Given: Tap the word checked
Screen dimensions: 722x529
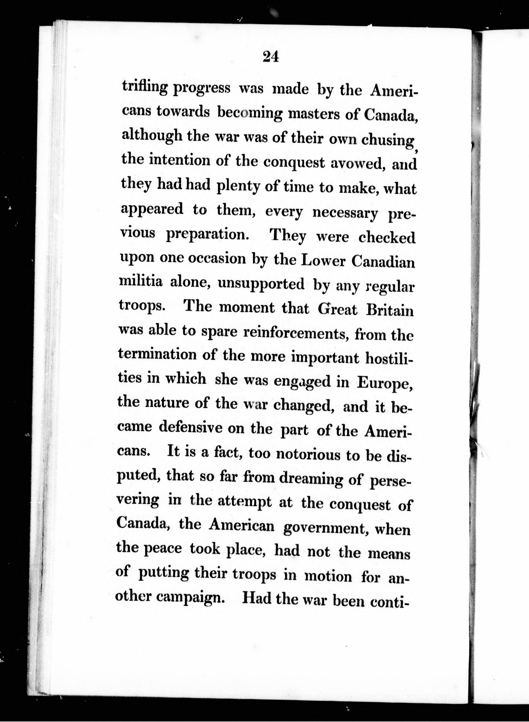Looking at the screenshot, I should [387, 238].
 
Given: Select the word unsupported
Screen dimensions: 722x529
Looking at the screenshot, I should [261, 284].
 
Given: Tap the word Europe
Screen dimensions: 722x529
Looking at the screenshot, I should [385, 383].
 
